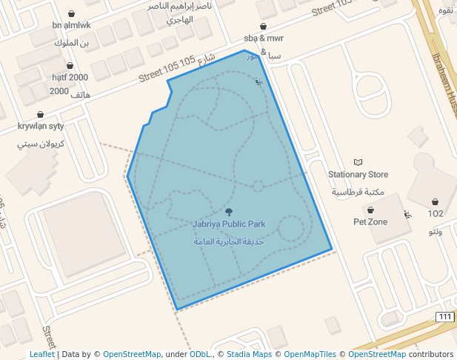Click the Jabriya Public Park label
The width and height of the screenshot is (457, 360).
coord(229,224)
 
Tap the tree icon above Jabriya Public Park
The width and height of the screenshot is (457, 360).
coord(228,211)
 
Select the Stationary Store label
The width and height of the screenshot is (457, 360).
coord(358,175)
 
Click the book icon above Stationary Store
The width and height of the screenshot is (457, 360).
coord(358,161)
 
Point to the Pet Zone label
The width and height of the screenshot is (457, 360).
coord(370,221)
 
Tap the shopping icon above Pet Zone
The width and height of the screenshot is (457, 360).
coord(370,210)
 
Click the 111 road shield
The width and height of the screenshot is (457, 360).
coord(444,317)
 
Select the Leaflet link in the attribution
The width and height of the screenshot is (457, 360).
coord(41,354)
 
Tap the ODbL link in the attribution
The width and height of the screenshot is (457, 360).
coord(199,354)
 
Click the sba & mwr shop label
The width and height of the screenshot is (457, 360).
coord(264,38)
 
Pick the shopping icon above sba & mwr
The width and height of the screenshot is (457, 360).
coord(263,26)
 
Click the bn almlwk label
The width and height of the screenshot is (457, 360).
coord(71,25)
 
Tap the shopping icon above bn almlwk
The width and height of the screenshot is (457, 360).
coord(71,13)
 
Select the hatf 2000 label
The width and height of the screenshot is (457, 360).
coord(70,77)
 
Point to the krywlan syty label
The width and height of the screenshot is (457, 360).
coord(41,127)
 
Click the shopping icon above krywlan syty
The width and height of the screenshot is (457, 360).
coord(40,115)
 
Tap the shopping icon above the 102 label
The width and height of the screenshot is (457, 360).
coord(435,201)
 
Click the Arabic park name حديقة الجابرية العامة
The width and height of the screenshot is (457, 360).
coord(229,241)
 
